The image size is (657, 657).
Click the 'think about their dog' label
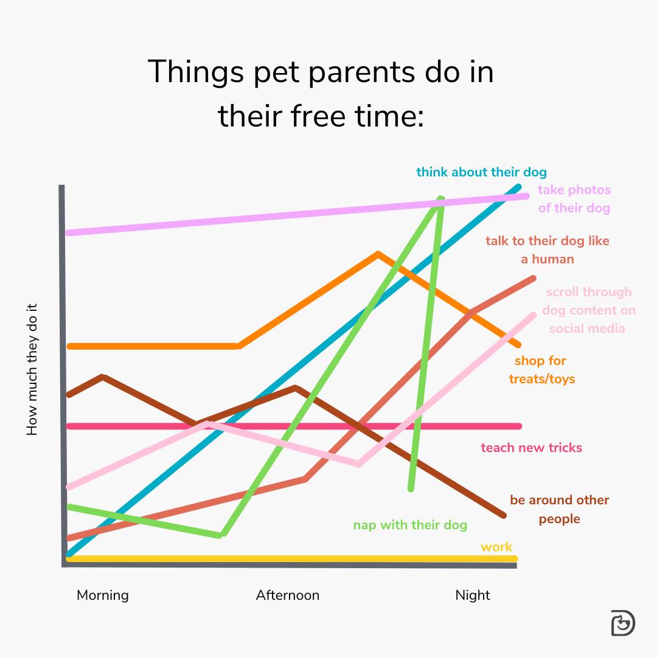(481, 172)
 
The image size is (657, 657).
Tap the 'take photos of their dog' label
(574, 199)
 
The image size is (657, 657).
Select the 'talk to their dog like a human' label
(547, 250)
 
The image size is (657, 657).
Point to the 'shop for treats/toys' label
(541, 370)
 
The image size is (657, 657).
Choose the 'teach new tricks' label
(531, 448)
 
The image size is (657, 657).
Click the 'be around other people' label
(559, 509)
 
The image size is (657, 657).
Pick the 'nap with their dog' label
(410, 525)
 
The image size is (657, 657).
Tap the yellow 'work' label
(496, 547)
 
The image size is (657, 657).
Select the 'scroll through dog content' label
(588, 310)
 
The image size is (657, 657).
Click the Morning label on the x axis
(103, 595)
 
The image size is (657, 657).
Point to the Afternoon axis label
(287, 595)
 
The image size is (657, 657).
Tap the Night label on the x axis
(473, 595)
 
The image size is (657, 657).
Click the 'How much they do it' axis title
(32, 369)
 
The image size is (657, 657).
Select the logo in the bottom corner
(622, 623)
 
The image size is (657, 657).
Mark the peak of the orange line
(378, 254)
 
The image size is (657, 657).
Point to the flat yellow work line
(292, 558)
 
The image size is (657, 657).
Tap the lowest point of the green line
(223, 535)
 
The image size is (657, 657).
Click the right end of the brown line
(504, 516)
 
